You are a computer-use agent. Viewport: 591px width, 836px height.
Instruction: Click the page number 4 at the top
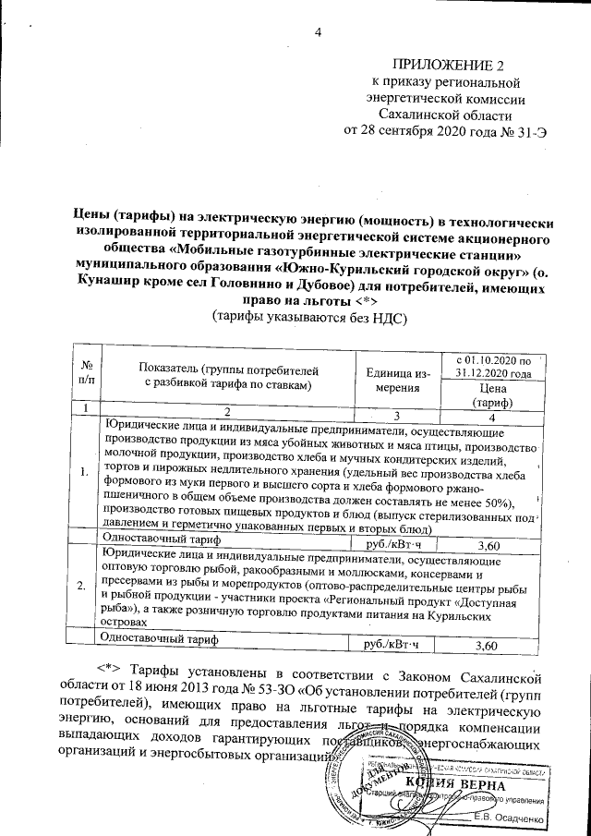point(317,34)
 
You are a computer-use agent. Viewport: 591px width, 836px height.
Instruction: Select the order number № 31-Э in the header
point(524,130)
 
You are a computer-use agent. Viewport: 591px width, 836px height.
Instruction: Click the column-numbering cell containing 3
point(399,410)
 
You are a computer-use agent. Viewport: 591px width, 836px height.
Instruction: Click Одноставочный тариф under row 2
point(160,638)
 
